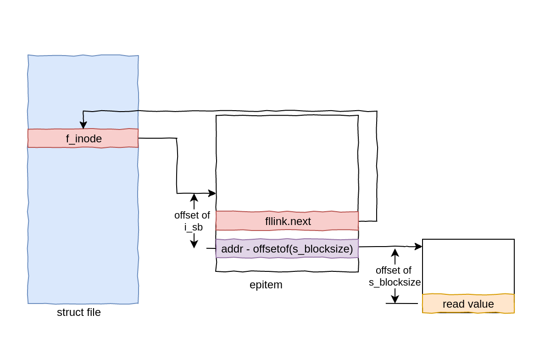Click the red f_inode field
click(83, 138)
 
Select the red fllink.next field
click(287, 221)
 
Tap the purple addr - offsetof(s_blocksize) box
click(287, 249)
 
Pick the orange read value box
click(468, 304)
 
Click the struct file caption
click(79, 313)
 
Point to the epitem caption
click(266, 285)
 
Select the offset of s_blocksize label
click(395, 276)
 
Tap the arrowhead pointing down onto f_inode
click(83, 125)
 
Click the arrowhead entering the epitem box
click(212, 193)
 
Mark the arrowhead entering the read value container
click(418, 247)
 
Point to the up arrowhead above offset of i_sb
click(194, 197)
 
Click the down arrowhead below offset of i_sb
click(194, 245)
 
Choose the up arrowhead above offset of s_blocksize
click(395, 252)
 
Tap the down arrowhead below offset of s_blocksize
click(395, 300)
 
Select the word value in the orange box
click(481, 304)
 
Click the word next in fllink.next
click(301, 221)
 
